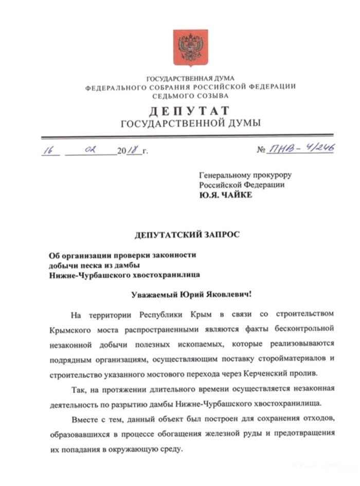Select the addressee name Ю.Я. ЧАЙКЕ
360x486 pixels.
(x=226, y=194)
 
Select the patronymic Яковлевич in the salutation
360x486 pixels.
(x=231, y=294)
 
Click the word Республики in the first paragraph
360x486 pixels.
(x=163, y=314)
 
